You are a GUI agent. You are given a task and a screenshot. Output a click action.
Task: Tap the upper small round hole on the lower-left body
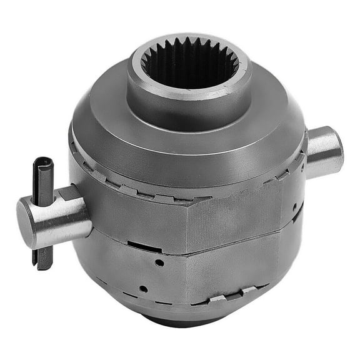tap(159, 263)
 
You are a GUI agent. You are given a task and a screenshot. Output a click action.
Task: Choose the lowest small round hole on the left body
tap(143, 289)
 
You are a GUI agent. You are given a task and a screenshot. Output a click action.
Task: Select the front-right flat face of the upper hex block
tap(237, 212)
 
